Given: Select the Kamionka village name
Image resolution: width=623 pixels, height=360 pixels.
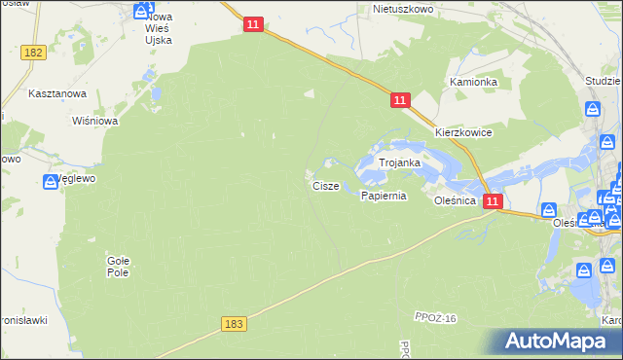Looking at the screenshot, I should [473, 83].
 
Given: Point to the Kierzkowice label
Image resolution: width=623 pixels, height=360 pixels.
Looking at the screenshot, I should [463, 132].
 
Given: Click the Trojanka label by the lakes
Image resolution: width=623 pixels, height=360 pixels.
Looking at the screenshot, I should [399, 163].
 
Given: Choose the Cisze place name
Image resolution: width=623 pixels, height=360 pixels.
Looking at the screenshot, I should [326, 185].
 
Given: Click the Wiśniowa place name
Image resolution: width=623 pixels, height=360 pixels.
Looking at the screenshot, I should [95, 122].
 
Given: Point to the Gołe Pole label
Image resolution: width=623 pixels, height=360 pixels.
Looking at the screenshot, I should [118, 267].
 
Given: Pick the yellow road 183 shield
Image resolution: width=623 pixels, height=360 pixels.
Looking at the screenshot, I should [233, 323].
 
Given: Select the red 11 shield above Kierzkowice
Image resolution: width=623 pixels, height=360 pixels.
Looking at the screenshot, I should [400, 100].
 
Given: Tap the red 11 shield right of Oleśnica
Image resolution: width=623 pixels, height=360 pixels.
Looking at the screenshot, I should [493, 201].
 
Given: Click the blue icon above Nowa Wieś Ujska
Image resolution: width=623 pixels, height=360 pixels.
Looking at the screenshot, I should [142, 10].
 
